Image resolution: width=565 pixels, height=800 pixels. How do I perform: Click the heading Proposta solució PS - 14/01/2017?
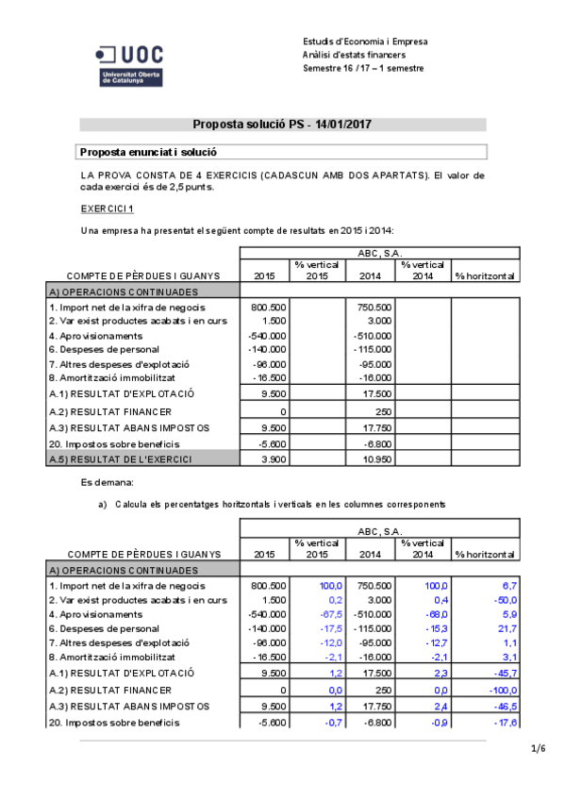pos(282,125)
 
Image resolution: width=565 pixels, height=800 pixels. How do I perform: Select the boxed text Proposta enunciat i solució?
pos(149,151)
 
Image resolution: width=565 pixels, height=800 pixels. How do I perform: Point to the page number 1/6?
pos(539,749)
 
